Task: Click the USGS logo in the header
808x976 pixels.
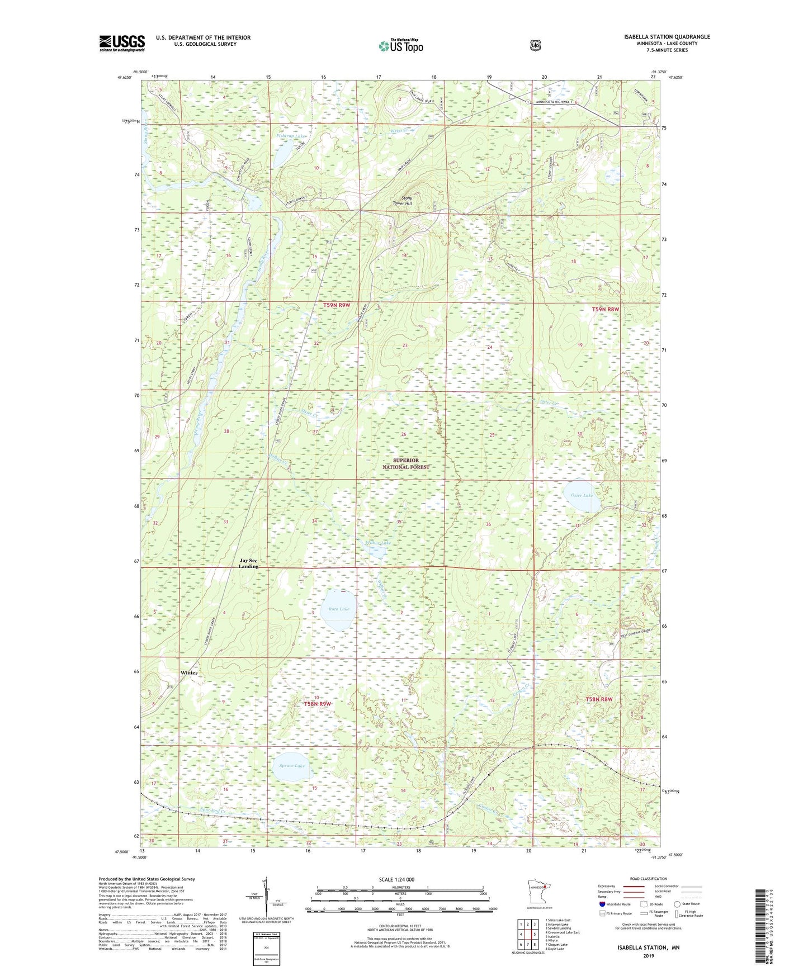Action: click(122, 43)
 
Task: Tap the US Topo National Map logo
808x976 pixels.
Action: click(400, 46)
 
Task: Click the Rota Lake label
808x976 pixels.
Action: click(339, 609)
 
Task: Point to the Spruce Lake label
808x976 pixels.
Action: click(292, 765)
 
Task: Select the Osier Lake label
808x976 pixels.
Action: click(582, 495)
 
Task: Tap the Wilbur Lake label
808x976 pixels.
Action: click(379, 543)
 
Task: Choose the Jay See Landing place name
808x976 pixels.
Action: click(249, 563)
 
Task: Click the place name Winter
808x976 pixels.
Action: click(189, 672)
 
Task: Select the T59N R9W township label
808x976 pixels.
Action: click(336, 305)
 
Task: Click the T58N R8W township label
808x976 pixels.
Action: click(599, 699)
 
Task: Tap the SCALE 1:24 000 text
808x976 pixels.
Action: click(396, 880)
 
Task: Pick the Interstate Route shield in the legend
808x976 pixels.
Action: click(602, 904)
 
